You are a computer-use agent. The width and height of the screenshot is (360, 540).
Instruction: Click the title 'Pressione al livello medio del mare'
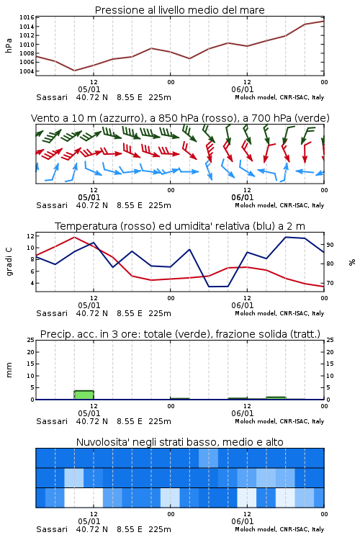tap(179, 10)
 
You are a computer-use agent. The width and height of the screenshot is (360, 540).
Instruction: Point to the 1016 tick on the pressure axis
tap(27, 17)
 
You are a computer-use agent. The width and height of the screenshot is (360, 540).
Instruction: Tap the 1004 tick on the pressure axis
tap(27, 71)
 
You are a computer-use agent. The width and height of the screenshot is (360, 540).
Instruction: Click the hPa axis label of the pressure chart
tap(9, 45)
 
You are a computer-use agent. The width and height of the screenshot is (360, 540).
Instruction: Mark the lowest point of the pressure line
tap(74, 71)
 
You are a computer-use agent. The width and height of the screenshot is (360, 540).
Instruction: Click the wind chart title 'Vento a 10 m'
tap(64, 118)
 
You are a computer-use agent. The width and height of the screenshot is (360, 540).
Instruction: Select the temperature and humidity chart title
tap(180, 226)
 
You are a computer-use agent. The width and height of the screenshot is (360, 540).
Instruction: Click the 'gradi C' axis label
tap(9, 261)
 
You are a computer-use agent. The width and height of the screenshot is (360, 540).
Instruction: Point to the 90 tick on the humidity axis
tap(330, 245)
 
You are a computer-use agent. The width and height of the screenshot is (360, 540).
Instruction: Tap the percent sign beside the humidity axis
tap(352, 262)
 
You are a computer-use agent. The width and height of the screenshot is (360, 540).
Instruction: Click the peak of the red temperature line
tap(74, 237)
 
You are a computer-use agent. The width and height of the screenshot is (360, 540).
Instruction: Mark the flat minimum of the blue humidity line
tap(218, 286)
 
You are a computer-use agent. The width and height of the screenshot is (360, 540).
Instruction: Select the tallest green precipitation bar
tap(84, 395)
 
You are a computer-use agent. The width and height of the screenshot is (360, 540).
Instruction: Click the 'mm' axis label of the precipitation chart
tap(9, 370)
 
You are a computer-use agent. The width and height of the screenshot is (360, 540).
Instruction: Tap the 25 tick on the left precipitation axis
tap(31, 340)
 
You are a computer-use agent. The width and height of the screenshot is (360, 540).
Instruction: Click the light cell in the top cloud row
tap(208, 458)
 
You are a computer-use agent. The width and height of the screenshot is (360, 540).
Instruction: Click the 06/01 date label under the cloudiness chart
tap(242, 521)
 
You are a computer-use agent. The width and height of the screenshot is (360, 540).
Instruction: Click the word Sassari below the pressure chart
tap(52, 97)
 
